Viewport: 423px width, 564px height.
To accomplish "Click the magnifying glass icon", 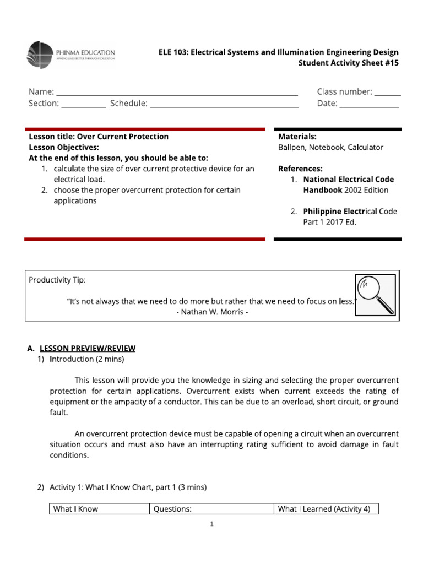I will [x=375, y=296].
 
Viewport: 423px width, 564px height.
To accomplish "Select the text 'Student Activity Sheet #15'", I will [x=348, y=63].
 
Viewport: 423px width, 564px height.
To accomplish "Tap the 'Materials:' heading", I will [x=297, y=137].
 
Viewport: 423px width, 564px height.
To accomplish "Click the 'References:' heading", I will [x=300, y=169].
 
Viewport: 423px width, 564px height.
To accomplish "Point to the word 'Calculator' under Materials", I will [x=365, y=147].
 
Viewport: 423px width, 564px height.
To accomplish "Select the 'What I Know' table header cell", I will [x=75, y=509].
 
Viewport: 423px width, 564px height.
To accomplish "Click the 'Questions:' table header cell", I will [x=172, y=509].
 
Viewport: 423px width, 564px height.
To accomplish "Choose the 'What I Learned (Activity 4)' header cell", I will [x=324, y=509].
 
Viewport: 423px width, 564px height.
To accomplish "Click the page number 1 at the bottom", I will [x=211, y=524].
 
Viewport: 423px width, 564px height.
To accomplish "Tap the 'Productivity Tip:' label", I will [x=57, y=280].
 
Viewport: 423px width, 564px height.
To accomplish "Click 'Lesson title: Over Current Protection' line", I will [x=99, y=137].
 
